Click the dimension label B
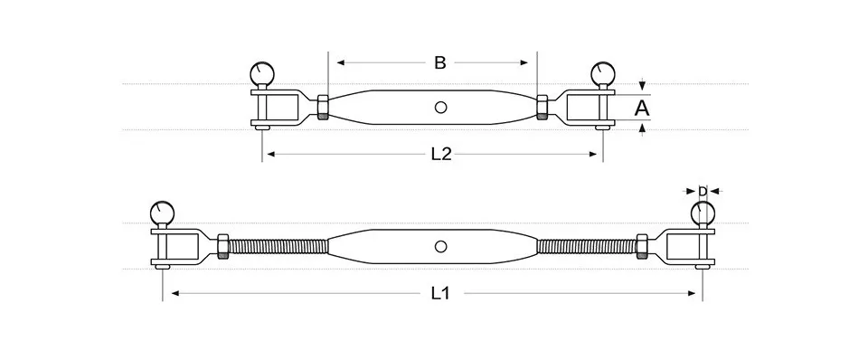point(439,62)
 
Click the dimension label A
point(642,109)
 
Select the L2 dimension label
point(440,155)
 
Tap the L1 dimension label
point(440,292)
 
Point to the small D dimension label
point(703,191)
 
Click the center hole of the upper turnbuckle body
point(440,108)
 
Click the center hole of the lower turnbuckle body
point(440,246)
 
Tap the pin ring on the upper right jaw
point(601,73)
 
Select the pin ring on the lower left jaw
point(163,213)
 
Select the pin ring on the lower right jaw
point(703,213)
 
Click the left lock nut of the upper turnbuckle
point(323,108)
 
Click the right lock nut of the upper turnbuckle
point(542,108)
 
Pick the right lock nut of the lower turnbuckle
point(642,246)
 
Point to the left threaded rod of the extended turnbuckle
point(277,246)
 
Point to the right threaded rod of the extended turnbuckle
point(588,246)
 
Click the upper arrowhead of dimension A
point(642,85)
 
